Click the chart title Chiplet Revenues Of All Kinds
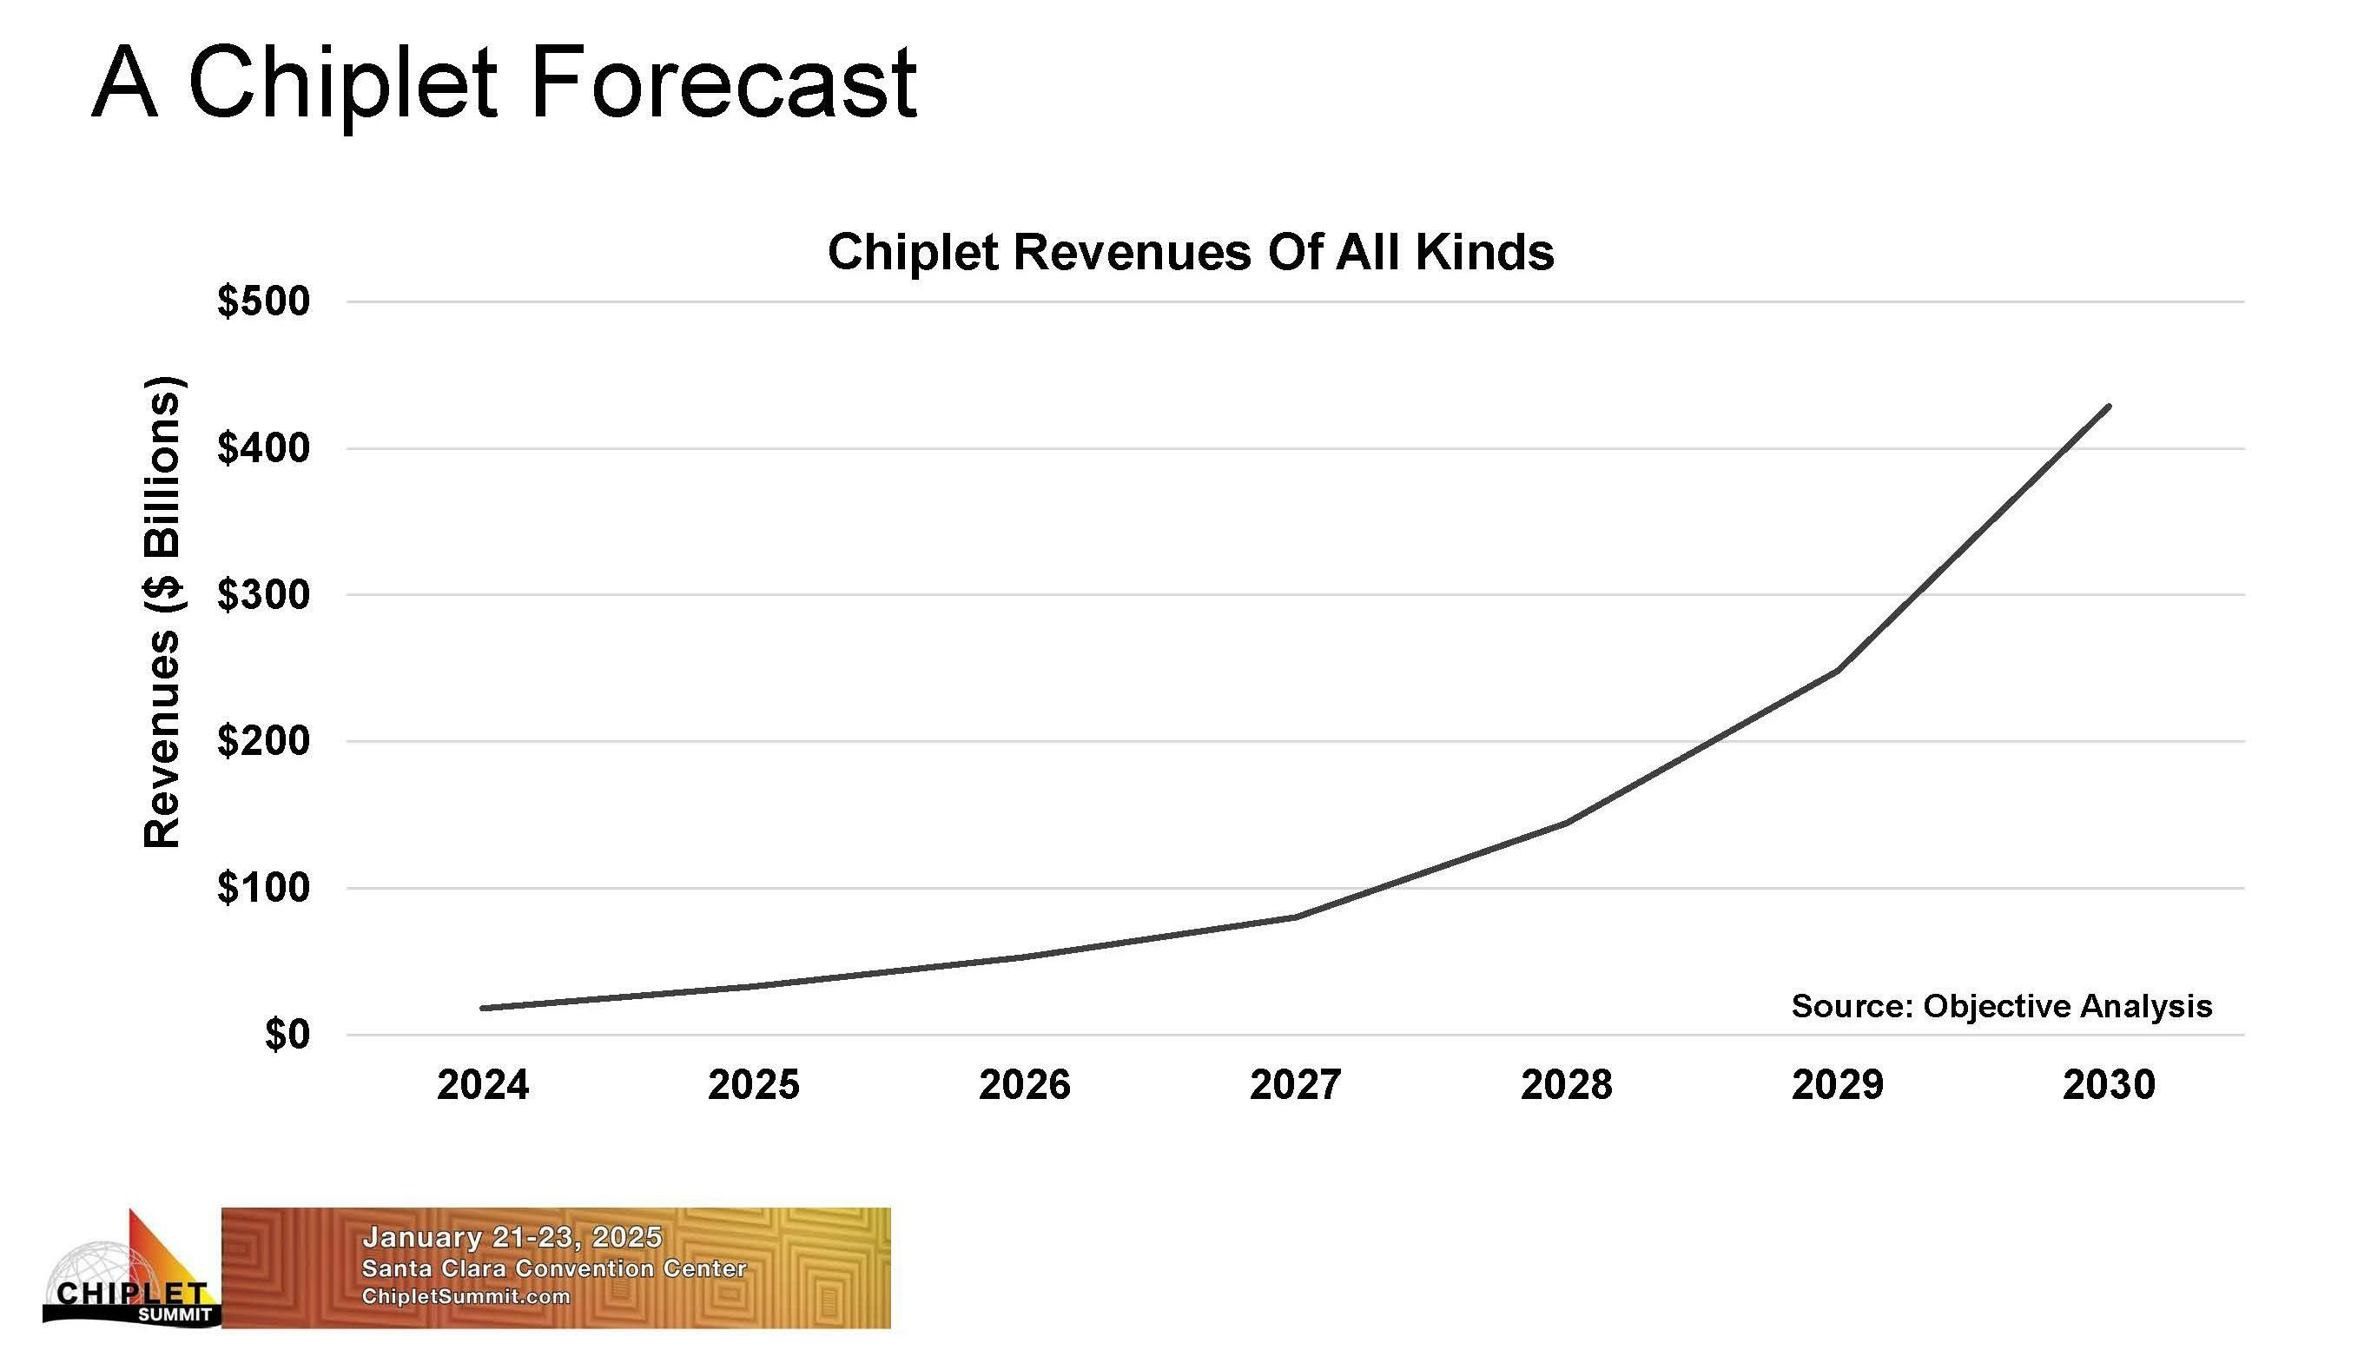click(x=1191, y=252)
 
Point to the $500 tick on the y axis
click(x=264, y=301)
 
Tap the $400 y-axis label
click(x=264, y=448)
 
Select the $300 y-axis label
click(x=264, y=594)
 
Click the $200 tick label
click(x=264, y=741)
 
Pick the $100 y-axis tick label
click(x=264, y=887)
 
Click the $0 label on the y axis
click(x=286, y=1035)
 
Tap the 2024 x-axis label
click(x=483, y=1085)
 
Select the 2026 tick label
click(x=1025, y=1085)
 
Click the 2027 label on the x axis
click(x=1295, y=1085)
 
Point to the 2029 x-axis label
click(x=1837, y=1085)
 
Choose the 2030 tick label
click(x=2110, y=1085)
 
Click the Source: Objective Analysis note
click(x=2001, y=1006)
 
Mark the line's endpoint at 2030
click(x=2109, y=407)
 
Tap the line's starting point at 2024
click(x=483, y=1009)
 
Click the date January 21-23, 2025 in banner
click(x=512, y=1238)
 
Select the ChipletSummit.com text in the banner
click(x=465, y=1296)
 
